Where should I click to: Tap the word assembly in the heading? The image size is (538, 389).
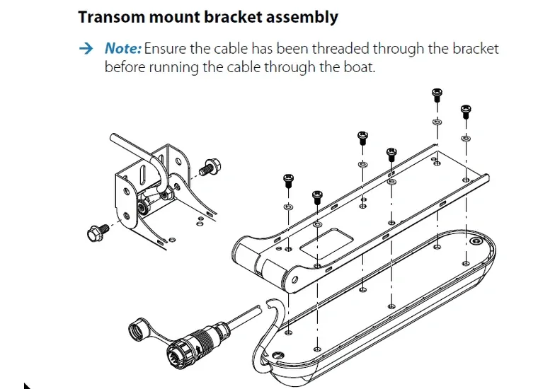(301, 17)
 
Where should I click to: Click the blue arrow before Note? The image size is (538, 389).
(86, 49)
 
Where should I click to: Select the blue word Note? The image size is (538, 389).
(122, 49)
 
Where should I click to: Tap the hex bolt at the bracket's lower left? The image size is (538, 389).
(97, 231)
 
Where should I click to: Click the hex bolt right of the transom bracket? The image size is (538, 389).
(208, 168)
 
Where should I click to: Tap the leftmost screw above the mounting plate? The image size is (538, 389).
(288, 179)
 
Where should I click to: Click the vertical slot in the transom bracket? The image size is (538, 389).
(142, 173)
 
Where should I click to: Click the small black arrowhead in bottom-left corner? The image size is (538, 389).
(27, 385)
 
